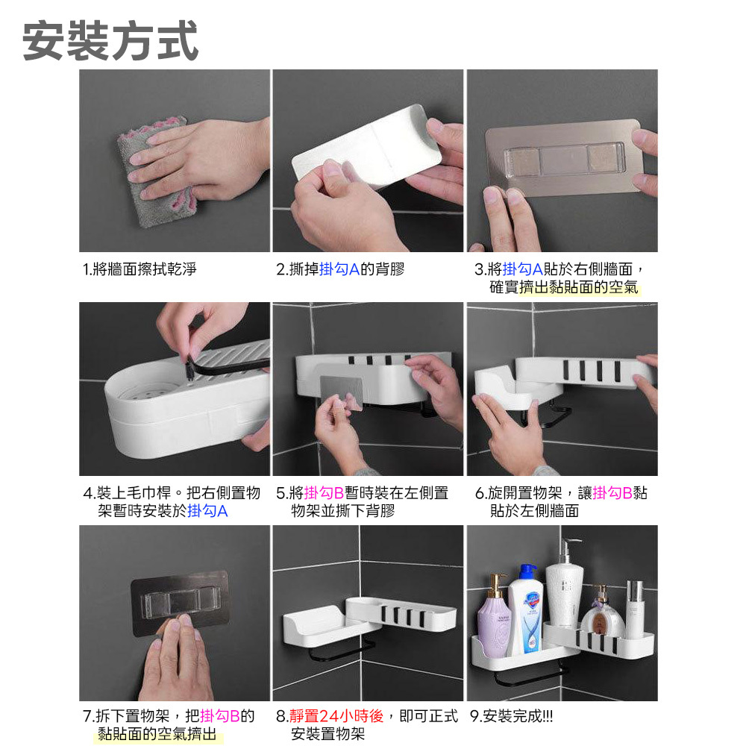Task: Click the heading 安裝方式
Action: tap(110, 41)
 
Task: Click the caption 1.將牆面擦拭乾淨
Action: tap(140, 269)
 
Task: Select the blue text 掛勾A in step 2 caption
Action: tap(339, 269)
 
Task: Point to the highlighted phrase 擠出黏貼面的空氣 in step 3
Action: tap(579, 287)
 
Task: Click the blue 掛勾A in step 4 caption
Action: tap(208, 511)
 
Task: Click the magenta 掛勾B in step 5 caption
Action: tap(324, 493)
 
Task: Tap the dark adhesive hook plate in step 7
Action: tap(180, 602)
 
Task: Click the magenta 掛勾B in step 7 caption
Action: tap(220, 716)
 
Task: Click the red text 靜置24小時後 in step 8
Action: tap(336, 716)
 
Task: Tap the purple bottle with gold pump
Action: tap(494, 617)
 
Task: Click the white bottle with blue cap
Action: tap(526, 611)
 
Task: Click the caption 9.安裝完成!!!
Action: tap(512, 716)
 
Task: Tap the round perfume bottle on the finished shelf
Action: tap(602, 617)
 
